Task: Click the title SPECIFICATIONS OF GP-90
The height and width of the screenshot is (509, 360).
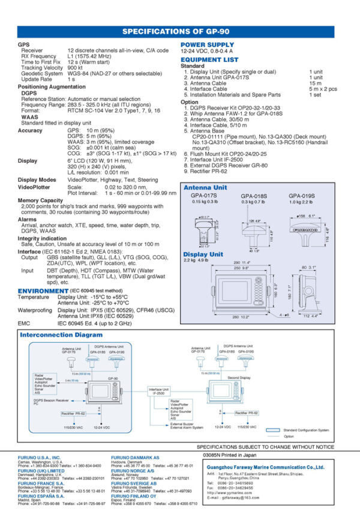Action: click(179, 32)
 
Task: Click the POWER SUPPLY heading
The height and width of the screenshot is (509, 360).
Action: click(207, 44)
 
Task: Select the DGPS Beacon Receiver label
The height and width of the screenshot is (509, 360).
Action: click(52, 400)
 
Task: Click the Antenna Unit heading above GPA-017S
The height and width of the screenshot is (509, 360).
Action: click(205, 188)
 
